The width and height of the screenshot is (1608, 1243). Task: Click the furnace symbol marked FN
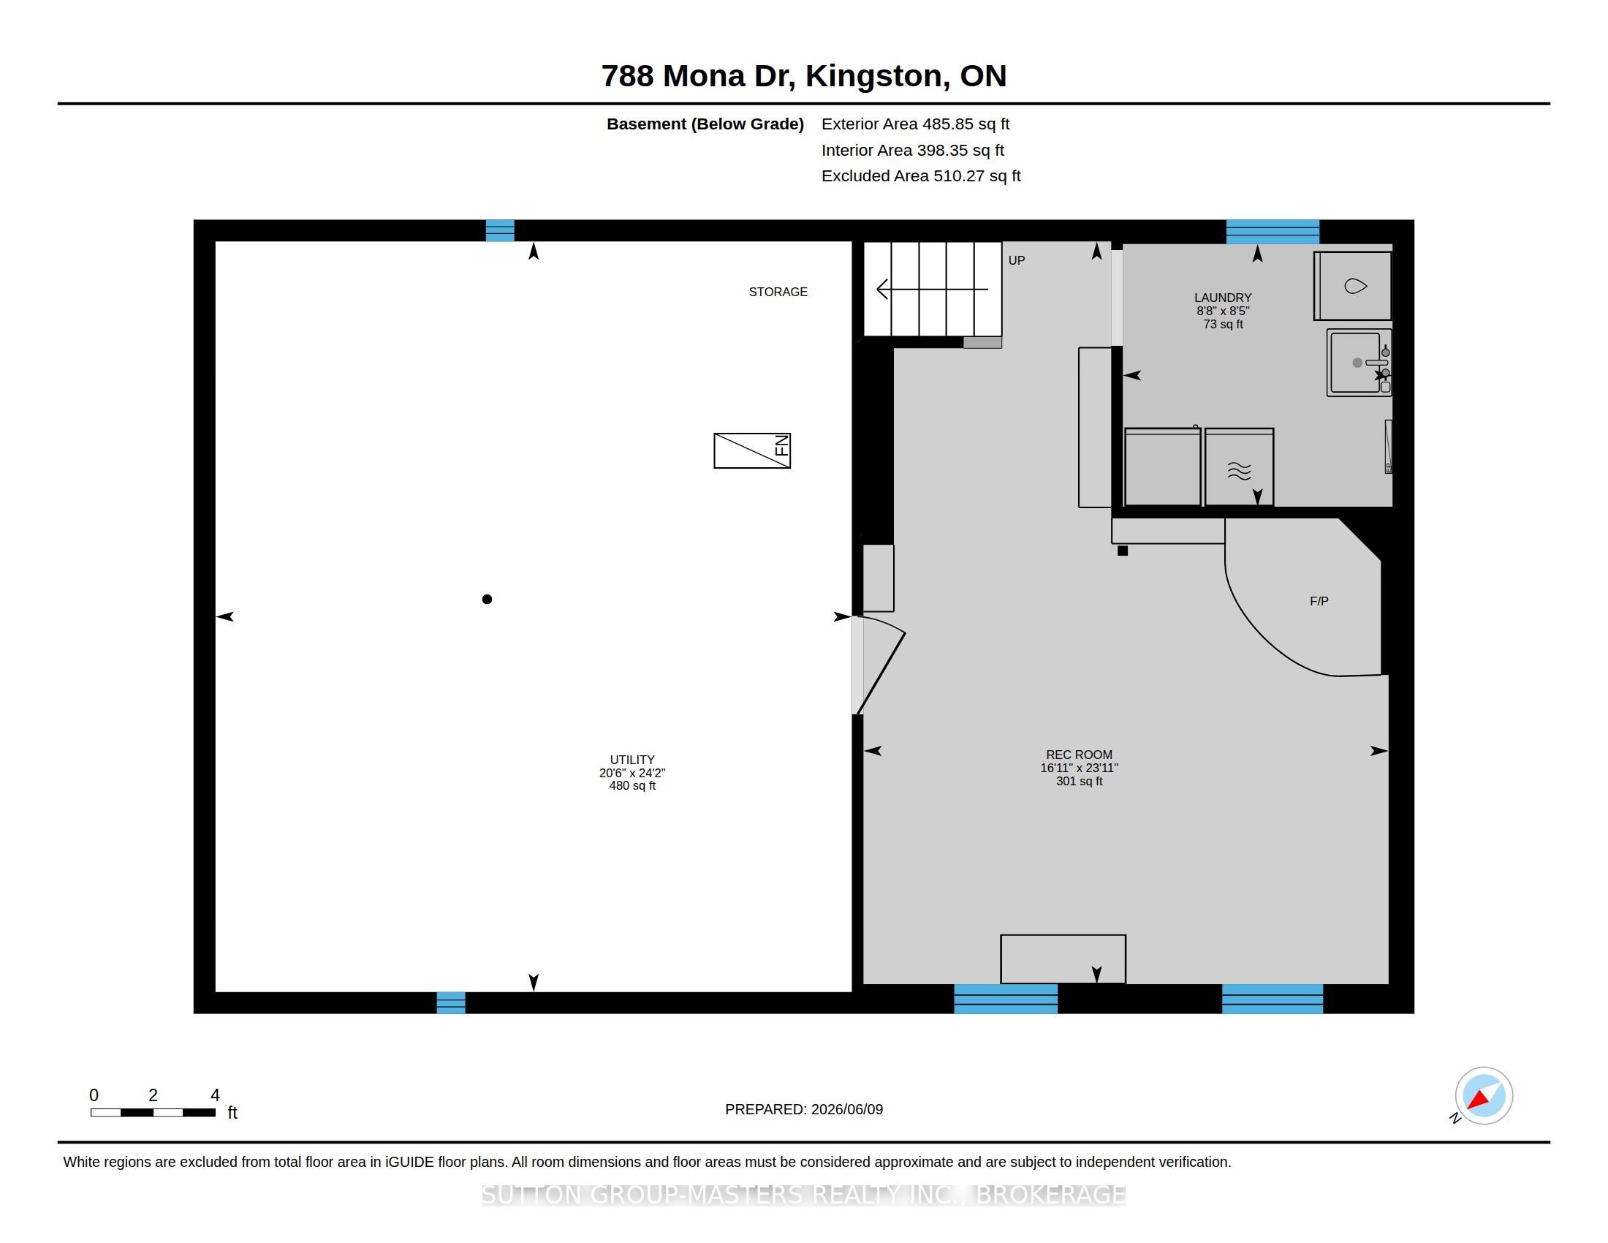751,450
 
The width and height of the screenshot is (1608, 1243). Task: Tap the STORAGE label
778,292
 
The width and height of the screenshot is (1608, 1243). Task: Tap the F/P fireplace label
1319,601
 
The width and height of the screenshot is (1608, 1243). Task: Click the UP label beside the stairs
1016,260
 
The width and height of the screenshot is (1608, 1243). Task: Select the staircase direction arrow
932,290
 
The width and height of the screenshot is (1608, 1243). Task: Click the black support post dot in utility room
487,600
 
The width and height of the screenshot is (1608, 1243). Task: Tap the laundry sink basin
1359,362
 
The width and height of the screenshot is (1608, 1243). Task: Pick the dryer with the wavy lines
1239,468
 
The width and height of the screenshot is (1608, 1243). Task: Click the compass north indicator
1483,1096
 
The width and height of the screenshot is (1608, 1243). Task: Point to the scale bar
153,1112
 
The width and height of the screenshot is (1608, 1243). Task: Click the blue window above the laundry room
1273,231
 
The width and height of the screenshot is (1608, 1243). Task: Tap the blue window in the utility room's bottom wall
450,1002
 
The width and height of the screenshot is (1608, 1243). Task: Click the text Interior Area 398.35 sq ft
912,150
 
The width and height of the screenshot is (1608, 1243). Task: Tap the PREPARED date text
804,1109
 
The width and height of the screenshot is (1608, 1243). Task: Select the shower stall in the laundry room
1352,286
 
